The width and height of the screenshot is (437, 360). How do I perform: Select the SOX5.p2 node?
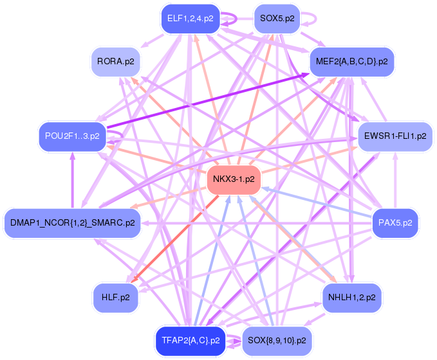coord(277,19)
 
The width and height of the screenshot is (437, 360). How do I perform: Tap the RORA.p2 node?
coord(116,62)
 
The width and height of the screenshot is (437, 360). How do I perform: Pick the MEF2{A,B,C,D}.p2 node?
coord(351,62)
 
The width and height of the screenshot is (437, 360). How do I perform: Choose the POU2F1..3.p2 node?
coord(72,136)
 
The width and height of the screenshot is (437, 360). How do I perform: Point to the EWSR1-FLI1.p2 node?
coord(395,136)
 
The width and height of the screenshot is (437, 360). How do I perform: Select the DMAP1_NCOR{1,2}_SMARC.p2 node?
coord(72,223)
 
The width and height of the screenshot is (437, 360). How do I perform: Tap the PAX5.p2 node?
coord(395,223)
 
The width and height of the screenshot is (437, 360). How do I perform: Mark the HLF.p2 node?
coord(116,298)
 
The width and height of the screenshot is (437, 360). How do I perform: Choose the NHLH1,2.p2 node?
coord(351,298)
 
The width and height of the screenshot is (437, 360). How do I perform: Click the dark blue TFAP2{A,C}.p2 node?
coord(191,340)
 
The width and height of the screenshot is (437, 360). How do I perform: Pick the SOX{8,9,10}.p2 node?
coord(276,340)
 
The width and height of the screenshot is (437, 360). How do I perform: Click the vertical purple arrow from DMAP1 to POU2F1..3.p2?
coord(73,180)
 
